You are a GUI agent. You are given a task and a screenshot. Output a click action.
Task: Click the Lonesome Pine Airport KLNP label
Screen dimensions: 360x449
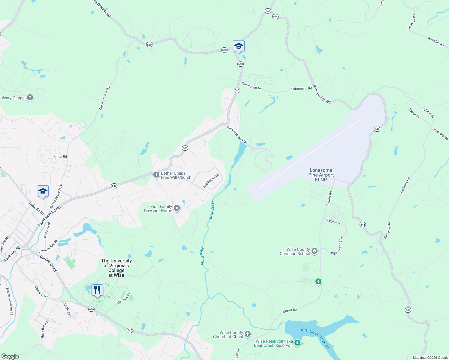click(x=321, y=175)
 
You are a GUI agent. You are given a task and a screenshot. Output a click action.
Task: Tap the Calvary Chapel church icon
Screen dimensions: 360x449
click(x=30, y=97)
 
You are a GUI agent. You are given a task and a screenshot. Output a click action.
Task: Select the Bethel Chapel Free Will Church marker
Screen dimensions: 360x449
click(x=156, y=175)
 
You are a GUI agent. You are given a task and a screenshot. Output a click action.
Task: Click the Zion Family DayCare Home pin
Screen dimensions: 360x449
click(x=177, y=208)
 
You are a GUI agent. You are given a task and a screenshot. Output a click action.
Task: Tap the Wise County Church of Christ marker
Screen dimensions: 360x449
click(x=247, y=334)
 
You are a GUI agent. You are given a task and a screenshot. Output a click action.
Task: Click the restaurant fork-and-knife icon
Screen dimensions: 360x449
click(x=97, y=290)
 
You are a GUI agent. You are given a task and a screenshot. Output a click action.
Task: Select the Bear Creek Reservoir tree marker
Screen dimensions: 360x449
click(x=297, y=343)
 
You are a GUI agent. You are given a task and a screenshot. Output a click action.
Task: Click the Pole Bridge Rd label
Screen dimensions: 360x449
click(x=321, y=94)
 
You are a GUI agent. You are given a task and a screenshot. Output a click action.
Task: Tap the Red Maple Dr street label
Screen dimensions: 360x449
click(x=211, y=181)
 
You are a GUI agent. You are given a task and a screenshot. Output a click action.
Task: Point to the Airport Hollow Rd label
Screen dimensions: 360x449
click(x=237, y=135)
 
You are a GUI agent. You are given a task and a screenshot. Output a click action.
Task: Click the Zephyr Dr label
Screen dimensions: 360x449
click(x=334, y=222)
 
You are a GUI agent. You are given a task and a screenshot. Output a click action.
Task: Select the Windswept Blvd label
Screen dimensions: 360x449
click(x=337, y=246)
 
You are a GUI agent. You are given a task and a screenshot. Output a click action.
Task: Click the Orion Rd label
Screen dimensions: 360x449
click(x=60, y=156)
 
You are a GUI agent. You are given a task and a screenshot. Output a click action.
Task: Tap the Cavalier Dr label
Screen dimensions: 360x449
click(x=123, y=298)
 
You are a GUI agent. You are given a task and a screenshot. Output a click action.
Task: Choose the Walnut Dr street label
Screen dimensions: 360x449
click(x=414, y=112)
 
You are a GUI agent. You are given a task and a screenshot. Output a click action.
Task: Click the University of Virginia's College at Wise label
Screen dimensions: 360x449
click(x=116, y=268)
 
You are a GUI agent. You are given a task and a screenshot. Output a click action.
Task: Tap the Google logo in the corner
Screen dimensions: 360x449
click(x=10, y=356)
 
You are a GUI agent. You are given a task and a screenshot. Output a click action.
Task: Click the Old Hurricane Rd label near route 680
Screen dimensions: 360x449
click(x=105, y=98)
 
